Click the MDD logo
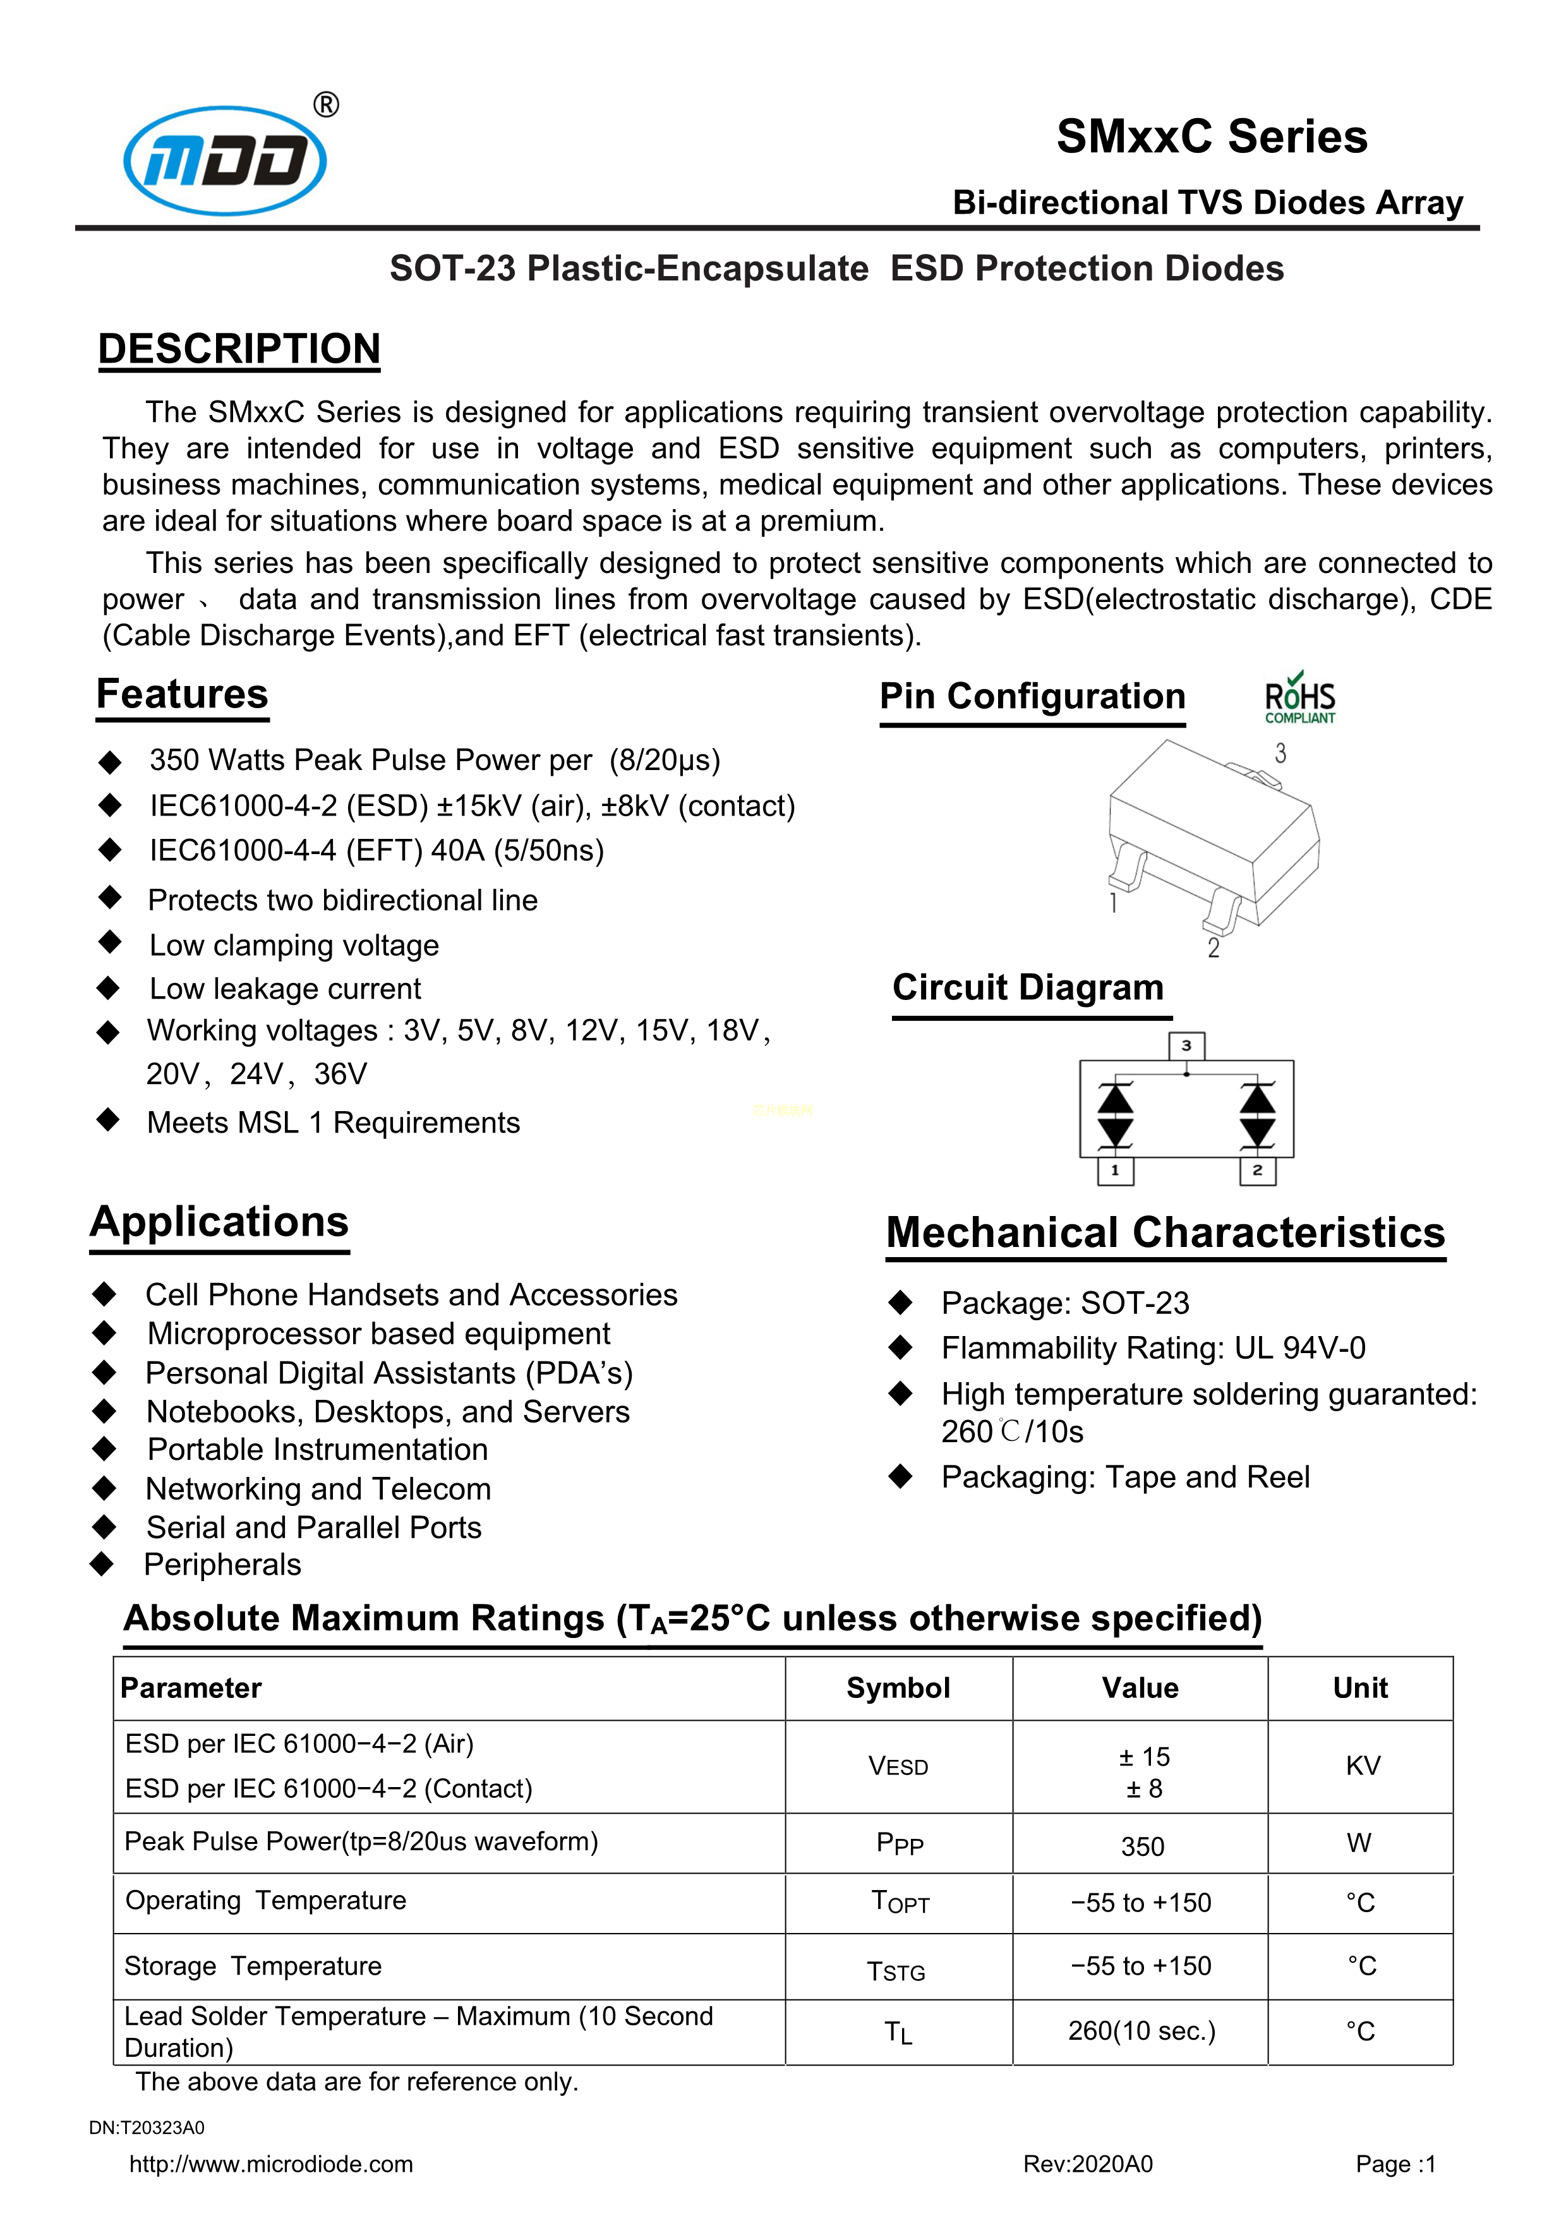click(226, 159)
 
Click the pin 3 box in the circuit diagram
click(1186, 1045)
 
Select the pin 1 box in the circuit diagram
click(1116, 1171)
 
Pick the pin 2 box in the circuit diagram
click(1257, 1171)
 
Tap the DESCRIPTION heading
click(239, 349)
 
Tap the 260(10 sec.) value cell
click(1141, 2032)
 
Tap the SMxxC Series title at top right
click(1211, 136)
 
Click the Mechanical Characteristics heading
click(1165, 1232)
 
